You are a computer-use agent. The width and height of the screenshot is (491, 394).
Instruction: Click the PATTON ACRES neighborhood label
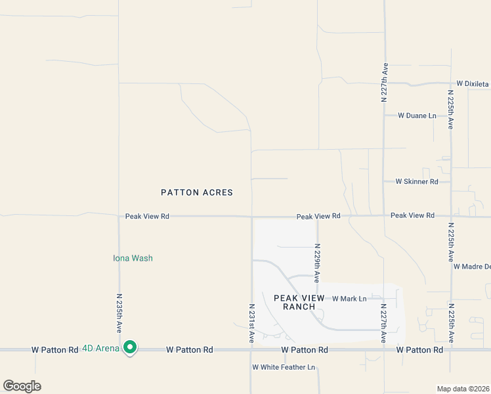(197, 192)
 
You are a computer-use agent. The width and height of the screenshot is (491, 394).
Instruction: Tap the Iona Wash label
(133, 258)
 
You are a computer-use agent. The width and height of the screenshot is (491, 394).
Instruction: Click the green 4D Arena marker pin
(130, 347)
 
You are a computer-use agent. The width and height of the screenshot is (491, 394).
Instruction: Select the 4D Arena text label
(100, 349)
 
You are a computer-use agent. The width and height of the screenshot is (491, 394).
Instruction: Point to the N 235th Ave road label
(119, 313)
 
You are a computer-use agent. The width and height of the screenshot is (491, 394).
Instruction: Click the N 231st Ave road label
(252, 323)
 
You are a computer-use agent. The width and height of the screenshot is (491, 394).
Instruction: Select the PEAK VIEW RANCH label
(299, 303)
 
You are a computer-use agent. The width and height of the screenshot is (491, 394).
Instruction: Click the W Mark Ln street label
(349, 299)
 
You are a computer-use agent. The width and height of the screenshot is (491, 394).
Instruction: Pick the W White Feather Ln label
(284, 367)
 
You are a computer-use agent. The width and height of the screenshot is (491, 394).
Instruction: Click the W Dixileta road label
(473, 84)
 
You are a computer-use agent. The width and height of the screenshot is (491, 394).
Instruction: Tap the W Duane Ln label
(417, 116)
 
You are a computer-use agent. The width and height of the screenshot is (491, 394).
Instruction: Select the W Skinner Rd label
(416, 181)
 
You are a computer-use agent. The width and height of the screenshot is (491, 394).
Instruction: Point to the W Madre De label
(471, 266)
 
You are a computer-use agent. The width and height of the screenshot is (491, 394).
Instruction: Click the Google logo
(22, 386)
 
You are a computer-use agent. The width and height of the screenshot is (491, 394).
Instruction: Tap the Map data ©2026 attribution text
(463, 389)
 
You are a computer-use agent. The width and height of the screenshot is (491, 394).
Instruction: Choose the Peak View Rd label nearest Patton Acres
(147, 216)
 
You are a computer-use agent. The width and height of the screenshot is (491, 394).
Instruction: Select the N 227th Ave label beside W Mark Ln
(384, 322)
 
